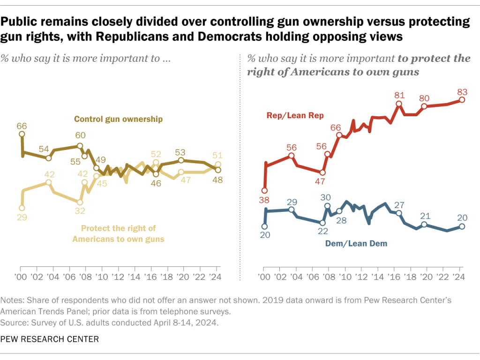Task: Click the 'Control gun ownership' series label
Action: (x=118, y=119)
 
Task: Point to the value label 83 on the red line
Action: (x=462, y=90)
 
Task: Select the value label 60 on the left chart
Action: (x=80, y=136)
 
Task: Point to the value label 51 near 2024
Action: (x=218, y=156)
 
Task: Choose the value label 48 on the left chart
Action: (x=218, y=180)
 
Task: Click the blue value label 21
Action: (x=424, y=216)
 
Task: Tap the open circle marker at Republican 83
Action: (x=462, y=99)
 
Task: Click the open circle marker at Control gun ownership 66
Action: (x=22, y=134)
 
